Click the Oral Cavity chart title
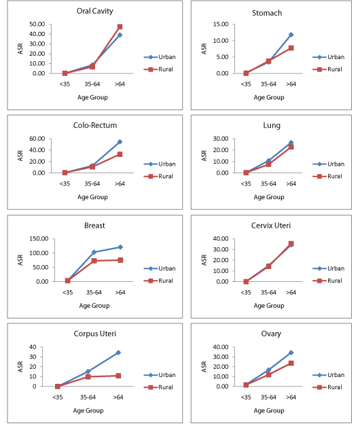(x=94, y=11)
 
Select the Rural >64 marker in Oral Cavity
(x=120, y=26)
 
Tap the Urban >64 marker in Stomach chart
(x=291, y=35)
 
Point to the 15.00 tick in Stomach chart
(x=221, y=24)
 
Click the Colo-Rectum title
(x=95, y=125)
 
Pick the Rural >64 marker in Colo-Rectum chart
(x=120, y=154)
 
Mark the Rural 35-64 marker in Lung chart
(x=268, y=164)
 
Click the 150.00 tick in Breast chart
(x=39, y=239)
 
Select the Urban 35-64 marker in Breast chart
(x=94, y=252)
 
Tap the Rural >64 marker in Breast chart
(x=120, y=260)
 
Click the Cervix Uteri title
(x=271, y=226)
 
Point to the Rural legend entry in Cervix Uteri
(x=327, y=281)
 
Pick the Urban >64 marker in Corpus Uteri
(x=118, y=353)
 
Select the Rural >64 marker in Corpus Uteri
(x=118, y=376)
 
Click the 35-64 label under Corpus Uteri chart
(x=88, y=397)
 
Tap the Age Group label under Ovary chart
(x=269, y=410)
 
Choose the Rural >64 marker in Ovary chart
(x=291, y=363)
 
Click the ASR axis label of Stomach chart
(x=204, y=49)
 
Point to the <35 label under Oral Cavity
(x=65, y=84)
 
